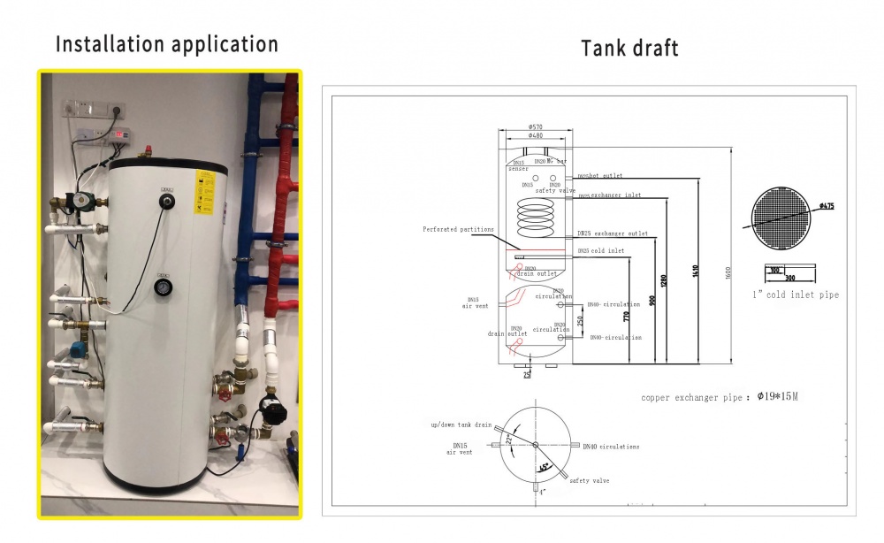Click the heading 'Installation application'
coord(167,43)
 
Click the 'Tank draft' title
coord(629,47)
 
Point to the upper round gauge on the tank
coord(165,203)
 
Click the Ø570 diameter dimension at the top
coord(535,126)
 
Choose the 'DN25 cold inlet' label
coord(601,251)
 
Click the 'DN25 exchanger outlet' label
coord(612,233)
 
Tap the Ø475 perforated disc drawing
coord(781,218)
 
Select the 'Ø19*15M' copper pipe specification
coord(778,397)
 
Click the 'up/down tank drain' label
coord(461,425)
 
